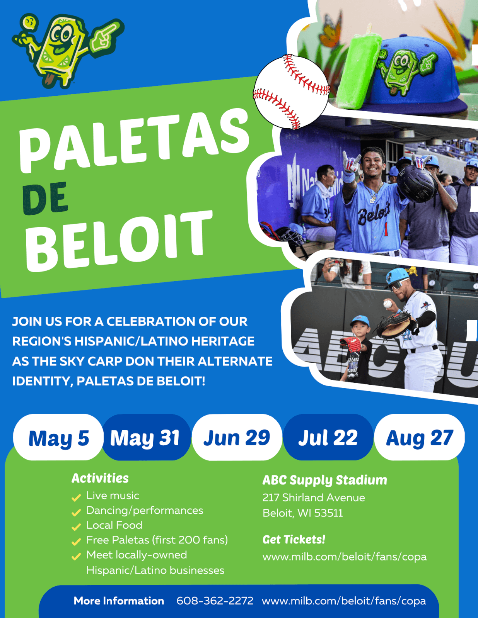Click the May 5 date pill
[x=58, y=438]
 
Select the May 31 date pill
[x=145, y=438]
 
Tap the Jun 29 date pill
[x=237, y=438]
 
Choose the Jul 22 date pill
[x=328, y=438]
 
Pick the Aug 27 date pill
[x=420, y=438]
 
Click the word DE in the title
[x=46, y=199]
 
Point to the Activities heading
[x=100, y=478]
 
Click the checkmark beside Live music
[x=76, y=497]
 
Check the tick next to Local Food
[x=76, y=526]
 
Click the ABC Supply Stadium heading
[x=324, y=480]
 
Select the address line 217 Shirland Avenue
[x=314, y=497]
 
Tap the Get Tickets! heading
[x=294, y=540]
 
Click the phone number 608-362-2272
[x=215, y=601]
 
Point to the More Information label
[x=119, y=601]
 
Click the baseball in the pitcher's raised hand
[x=388, y=304]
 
